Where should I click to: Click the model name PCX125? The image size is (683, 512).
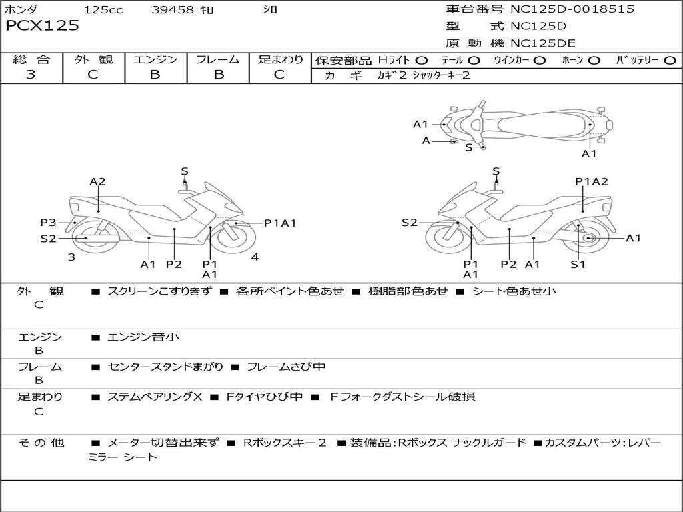[x=42, y=26]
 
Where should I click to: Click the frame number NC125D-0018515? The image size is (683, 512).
[x=572, y=9]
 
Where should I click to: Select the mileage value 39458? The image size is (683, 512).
[x=173, y=9]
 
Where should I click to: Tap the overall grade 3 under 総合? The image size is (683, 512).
[x=31, y=74]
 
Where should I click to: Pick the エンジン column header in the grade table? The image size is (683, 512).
[x=155, y=59]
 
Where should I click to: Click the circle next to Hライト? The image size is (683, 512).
[x=421, y=61]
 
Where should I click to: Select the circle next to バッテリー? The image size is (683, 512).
[x=670, y=61]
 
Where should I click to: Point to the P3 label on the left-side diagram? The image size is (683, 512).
[x=48, y=223]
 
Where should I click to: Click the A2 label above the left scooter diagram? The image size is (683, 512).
[x=97, y=181]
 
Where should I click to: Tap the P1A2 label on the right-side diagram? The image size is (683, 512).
[x=591, y=181]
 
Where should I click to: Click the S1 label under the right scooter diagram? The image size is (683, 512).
[x=578, y=264]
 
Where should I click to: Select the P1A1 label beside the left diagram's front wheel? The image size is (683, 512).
[x=280, y=223]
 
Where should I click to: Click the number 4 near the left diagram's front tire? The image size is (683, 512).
[x=255, y=257]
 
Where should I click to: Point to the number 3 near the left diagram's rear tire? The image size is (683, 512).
[x=71, y=257]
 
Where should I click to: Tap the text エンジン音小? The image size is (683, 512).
[x=143, y=337]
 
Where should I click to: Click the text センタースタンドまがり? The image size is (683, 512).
[x=165, y=367]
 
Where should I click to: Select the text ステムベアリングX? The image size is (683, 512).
[x=155, y=397]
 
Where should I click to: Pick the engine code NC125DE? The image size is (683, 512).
[x=543, y=43]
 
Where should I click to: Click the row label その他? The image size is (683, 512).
[x=41, y=443]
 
